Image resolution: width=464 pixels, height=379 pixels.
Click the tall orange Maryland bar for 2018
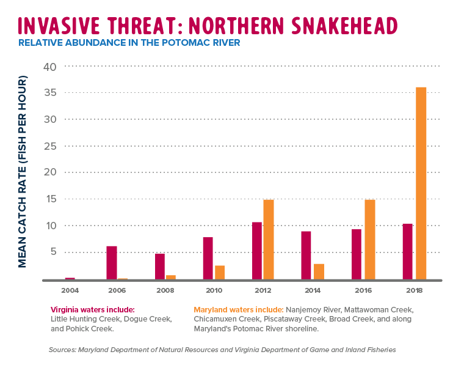point(421,183)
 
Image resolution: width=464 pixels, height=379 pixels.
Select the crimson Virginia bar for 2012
point(257,251)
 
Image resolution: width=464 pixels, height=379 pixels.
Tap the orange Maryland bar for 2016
point(369,239)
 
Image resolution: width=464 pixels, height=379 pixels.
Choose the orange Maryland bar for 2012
point(269,239)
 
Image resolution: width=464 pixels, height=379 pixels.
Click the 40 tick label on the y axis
point(49,66)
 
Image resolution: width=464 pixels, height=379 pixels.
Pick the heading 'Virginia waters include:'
point(92,310)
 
